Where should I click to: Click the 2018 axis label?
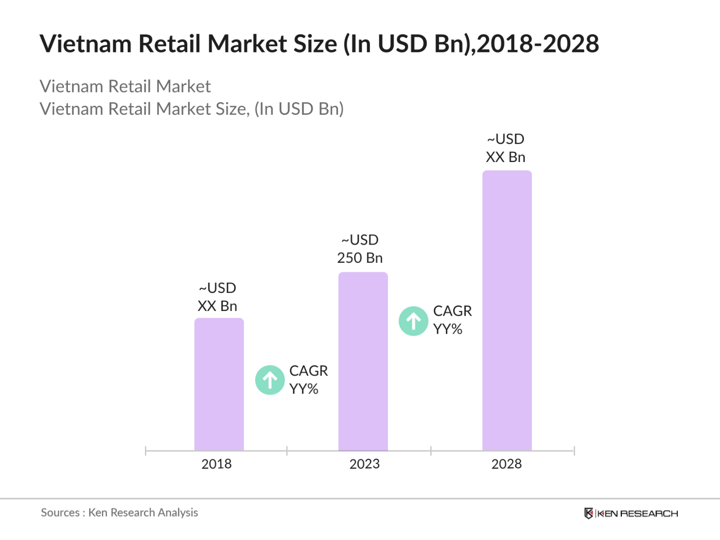pos(216,464)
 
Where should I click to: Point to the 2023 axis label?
pos(364,464)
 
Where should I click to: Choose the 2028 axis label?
pos(506,464)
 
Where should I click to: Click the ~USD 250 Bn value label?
pos(360,249)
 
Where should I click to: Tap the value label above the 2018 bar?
pos(217,297)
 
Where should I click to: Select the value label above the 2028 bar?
pos(506,148)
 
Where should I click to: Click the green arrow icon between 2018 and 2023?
pos(270,380)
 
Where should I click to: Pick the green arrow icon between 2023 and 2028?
pos(414,321)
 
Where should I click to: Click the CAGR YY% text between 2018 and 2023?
pos(308,380)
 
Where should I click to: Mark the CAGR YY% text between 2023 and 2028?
pos(452,320)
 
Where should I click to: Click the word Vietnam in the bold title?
pos(86,44)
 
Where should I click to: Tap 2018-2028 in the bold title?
pos(538,44)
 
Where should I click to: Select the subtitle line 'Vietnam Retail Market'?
pos(125,87)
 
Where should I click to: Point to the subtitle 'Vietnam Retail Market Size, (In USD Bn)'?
pos(192,109)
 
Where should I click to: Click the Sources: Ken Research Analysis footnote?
pos(119,513)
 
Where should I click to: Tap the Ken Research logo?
pos(631,513)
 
